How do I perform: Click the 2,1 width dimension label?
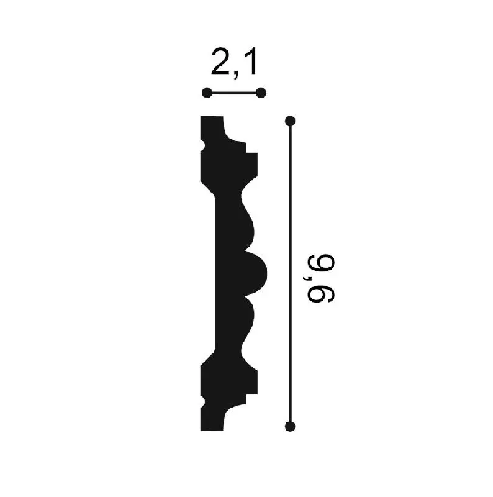pos(234,63)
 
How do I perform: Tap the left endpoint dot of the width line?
pos(207,93)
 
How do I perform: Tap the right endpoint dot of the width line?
pos(261,93)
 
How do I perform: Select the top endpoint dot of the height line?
pos(290,121)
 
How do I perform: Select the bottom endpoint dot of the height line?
pos(290,426)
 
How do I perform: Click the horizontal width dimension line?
pos(234,93)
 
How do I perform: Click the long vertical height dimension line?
pos(290,273)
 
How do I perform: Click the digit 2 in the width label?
pos(221,62)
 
